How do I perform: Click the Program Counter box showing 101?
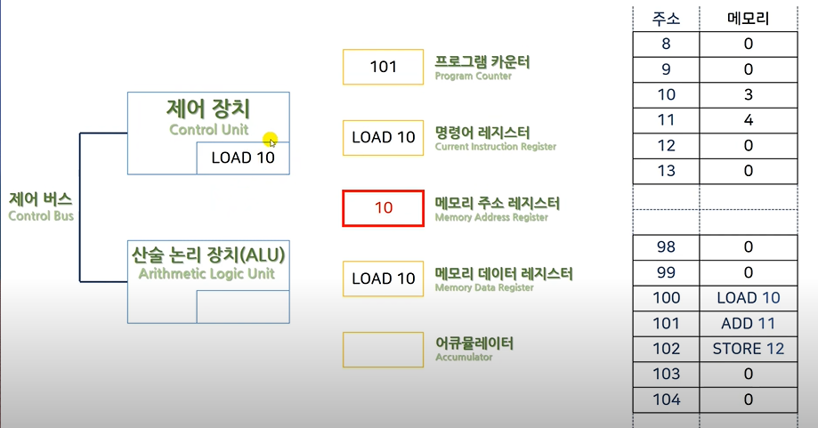[x=383, y=67]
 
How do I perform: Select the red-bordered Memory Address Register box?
[x=383, y=208]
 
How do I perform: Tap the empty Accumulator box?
[x=383, y=350]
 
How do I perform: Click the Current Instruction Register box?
[x=383, y=138]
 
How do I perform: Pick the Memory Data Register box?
[x=383, y=279]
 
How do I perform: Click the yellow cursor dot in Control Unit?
[x=270, y=140]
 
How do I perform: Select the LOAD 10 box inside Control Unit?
[x=243, y=158]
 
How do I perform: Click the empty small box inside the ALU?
[x=243, y=306]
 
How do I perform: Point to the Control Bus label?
[x=41, y=206]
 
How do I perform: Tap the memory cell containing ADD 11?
[x=749, y=323]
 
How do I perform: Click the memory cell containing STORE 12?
[x=749, y=348]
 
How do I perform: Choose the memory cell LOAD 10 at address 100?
[x=749, y=298]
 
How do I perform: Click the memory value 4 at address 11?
[x=749, y=120]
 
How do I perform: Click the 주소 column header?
[x=666, y=17]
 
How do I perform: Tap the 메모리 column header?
[x=749, y=17]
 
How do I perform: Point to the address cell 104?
[x=666, y=400]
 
